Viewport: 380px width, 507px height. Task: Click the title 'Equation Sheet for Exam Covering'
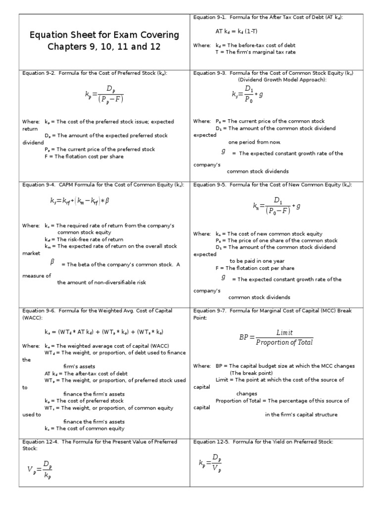point(104,35)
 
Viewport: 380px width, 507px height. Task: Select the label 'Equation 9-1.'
point(209,17)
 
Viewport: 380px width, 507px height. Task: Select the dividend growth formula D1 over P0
point(247,94)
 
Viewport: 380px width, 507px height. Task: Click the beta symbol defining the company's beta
point(51,262)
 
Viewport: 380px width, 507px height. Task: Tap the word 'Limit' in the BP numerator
point(285,333)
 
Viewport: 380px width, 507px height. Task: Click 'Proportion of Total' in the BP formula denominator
point(285,343)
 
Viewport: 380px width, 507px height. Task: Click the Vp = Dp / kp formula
point(39,470)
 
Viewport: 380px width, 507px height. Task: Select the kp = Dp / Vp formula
point(210,463)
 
